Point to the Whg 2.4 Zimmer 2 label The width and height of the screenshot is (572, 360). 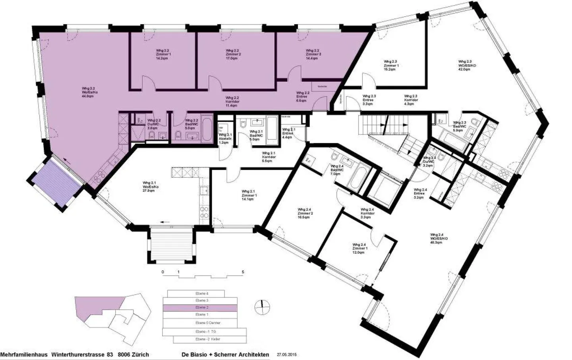[x=305, y=213]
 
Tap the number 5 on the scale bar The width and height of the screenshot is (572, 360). [x=243, y=272]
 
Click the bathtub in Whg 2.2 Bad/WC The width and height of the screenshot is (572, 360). [x=207, y=129]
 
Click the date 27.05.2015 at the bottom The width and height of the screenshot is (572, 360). [x=287, y=354]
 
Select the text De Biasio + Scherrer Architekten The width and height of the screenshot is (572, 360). [x=225, y=354]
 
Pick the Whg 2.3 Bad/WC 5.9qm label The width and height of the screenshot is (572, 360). [x=460, y=126]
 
